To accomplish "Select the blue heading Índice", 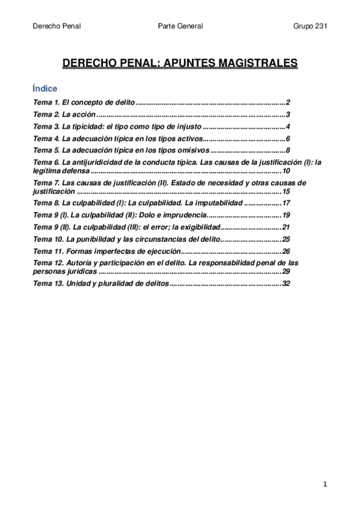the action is click(x=45, y=88).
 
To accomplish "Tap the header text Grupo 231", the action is click(x=310, y=26).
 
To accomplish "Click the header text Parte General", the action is click(x=180, y=26).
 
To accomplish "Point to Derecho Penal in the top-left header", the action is click(x=56, y=26).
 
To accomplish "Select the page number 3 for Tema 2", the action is click(x=288, y=114).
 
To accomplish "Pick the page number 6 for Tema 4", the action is click(x=288, y=138).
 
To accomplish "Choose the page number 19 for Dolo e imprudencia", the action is click(x=286, y=215).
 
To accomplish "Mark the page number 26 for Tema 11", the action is click(x=286, y=251).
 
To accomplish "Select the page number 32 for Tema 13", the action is click(x=286, y=284).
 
